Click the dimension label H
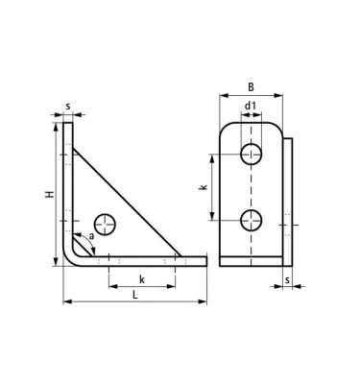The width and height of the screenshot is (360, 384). click(x=50, y=194)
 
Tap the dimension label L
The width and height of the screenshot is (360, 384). click(x=135, y=295)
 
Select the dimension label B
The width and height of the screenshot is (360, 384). click(x=251, y=87)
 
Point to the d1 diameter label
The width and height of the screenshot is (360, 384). click(x=251, y=106)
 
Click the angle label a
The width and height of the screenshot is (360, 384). click(x=92, y=236)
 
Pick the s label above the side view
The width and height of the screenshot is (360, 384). click(x=68, y=107)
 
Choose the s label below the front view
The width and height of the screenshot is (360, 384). click(x=287, y=279)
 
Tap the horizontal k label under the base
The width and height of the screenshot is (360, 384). click(x=142, y=279)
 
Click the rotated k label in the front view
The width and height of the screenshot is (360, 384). click(x=204, y=187)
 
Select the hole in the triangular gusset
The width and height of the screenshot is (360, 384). click(x=105, y=225)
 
